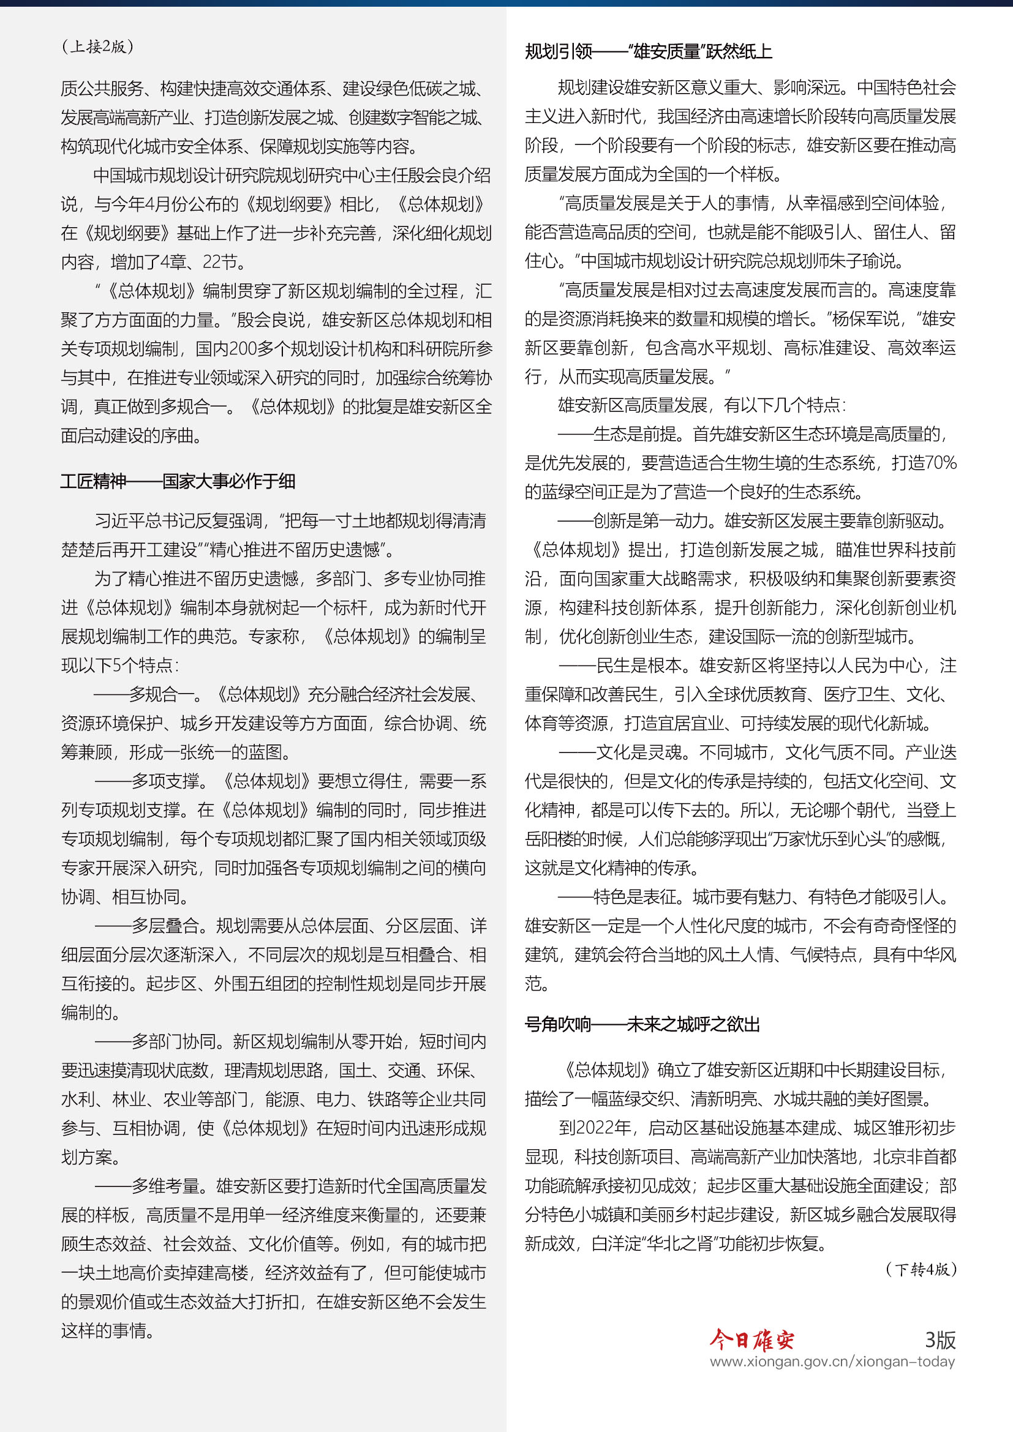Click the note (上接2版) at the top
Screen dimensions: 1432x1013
point(97,47)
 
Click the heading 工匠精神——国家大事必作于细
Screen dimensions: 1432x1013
point(178,481)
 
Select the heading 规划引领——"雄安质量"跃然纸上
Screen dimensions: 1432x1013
point(648,52)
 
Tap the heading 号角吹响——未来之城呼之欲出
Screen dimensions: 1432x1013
point(642,1025)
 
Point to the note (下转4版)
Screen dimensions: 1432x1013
point(921,1269)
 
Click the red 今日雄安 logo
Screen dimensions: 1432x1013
point(751,1339)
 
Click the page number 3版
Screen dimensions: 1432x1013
point(940,1339)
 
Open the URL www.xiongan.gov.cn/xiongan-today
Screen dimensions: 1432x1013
point(832,1362)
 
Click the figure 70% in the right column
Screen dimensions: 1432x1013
point(941,463)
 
